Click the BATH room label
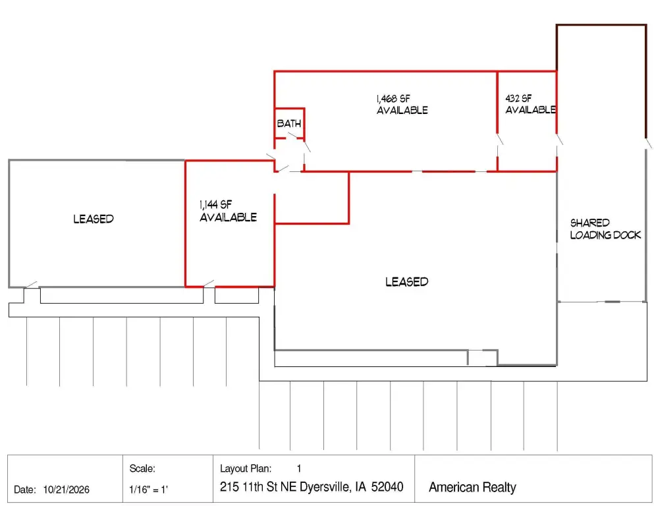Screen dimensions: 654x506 [288, 123]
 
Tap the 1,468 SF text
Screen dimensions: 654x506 [393, 98]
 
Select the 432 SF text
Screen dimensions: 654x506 [518, 98]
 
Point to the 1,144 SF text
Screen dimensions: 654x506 [215, 204]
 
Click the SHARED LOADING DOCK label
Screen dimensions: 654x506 [605, 229]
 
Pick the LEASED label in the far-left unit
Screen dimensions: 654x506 [94, 219]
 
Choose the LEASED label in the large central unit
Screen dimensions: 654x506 [406, 282]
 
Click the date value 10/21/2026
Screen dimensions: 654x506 [67, 490]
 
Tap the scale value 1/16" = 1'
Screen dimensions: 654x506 [148, 490]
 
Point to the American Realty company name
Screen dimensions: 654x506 [473, 488]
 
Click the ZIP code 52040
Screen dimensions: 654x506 [387, 487]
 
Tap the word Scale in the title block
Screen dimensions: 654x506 [142, 468]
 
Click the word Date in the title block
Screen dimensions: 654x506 [24, 490]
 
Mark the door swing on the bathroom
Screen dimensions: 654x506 [293, 136]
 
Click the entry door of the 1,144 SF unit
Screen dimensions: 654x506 [209, 284]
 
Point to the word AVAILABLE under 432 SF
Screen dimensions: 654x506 [531, 110]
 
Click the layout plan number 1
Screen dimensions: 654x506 [299, 468]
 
